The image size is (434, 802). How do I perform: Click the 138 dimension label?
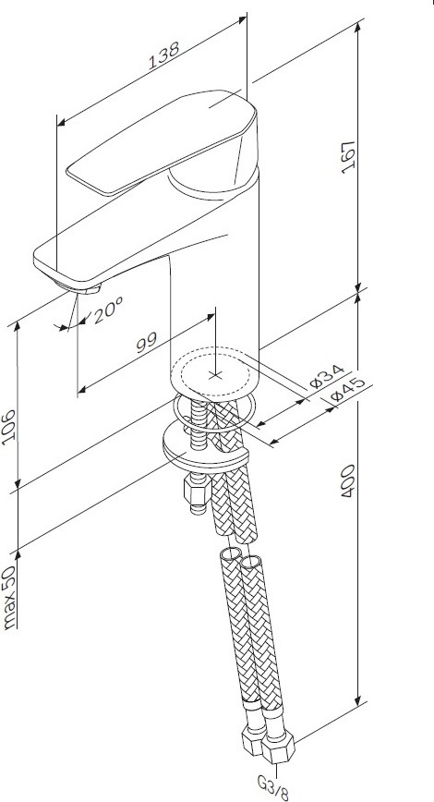164,55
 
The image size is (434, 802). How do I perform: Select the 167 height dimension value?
348,156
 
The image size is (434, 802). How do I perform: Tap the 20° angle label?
108,310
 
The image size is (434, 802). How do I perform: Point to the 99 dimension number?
147,343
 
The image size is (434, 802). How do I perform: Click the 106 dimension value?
10,427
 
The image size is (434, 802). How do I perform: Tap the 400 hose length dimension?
348,481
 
